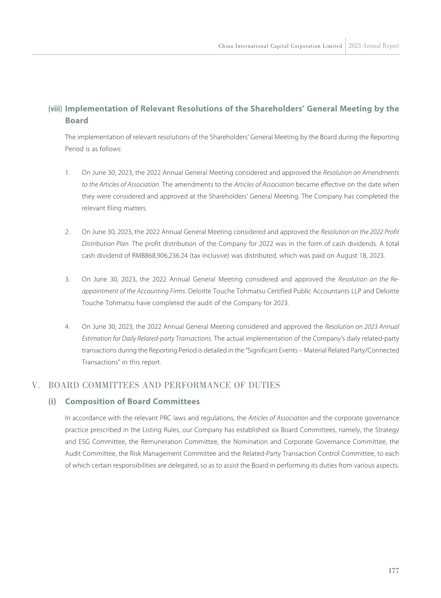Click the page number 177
394,571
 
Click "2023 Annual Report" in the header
374,46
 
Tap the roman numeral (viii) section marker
55,109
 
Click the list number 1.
67,173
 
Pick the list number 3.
67,279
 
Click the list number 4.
67,327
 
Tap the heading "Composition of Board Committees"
132,401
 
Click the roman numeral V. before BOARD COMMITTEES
36,385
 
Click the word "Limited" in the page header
332,46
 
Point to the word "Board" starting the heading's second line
77,121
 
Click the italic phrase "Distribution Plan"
105,244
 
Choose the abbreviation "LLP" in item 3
356,291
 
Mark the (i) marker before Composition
52,401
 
